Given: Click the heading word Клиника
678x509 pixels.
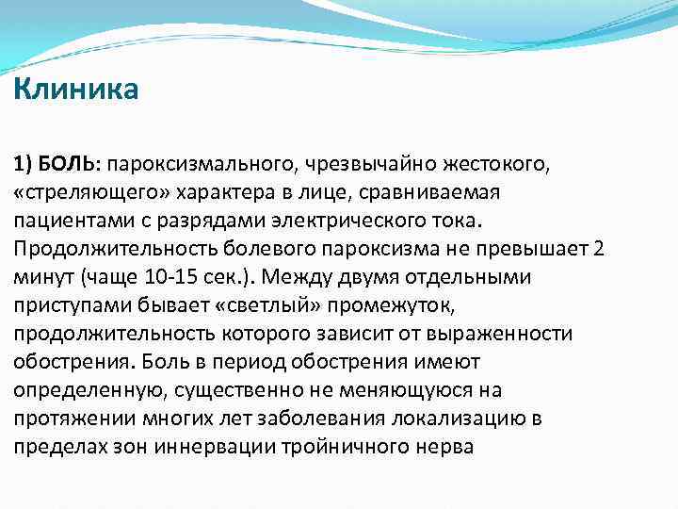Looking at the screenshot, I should coord(76,90).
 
